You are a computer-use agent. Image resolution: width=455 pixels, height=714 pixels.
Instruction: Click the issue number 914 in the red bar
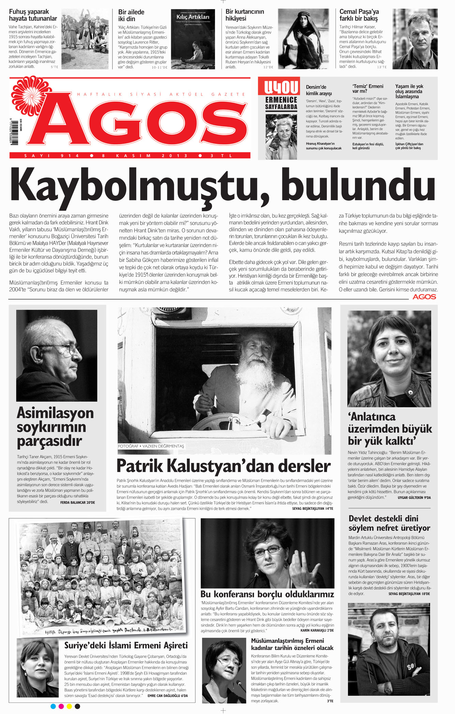70,156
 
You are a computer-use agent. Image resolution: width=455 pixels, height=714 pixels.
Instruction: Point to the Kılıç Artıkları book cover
193,39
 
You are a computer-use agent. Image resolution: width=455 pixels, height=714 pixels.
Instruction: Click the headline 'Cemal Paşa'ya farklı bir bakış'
359,15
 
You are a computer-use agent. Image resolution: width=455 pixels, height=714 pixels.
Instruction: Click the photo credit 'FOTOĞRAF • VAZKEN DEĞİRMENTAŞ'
151,446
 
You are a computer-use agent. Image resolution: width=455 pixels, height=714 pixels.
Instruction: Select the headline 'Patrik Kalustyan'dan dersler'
224,466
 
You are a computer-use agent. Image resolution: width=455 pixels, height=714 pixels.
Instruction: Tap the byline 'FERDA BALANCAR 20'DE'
77,502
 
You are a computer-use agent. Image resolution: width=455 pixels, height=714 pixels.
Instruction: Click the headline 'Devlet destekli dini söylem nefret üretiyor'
389,523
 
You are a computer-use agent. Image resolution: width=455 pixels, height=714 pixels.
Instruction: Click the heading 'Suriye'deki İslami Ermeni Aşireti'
126,645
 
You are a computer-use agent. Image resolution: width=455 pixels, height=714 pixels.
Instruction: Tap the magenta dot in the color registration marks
61,707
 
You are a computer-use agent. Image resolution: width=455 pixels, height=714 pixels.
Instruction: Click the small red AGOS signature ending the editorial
424,297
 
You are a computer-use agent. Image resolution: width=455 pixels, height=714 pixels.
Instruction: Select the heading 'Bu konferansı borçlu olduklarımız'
267,594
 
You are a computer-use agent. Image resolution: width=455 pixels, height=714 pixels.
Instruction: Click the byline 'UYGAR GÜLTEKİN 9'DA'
414,498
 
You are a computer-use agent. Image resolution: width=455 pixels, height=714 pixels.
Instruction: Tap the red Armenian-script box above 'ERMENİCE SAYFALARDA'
281,87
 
